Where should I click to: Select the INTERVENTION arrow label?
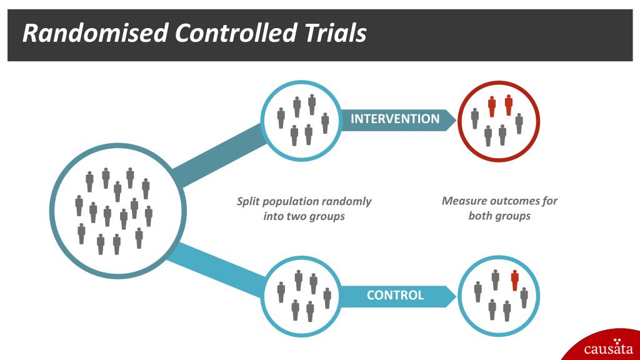point(395,119)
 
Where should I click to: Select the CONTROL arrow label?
point(395,295)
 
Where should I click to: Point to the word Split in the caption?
point(248,201)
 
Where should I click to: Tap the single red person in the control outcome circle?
point(514,281)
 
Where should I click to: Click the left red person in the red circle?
point(492,106)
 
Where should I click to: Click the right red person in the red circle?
point(508,105)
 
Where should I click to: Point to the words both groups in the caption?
point(499,216)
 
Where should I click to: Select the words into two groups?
point(304,217)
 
